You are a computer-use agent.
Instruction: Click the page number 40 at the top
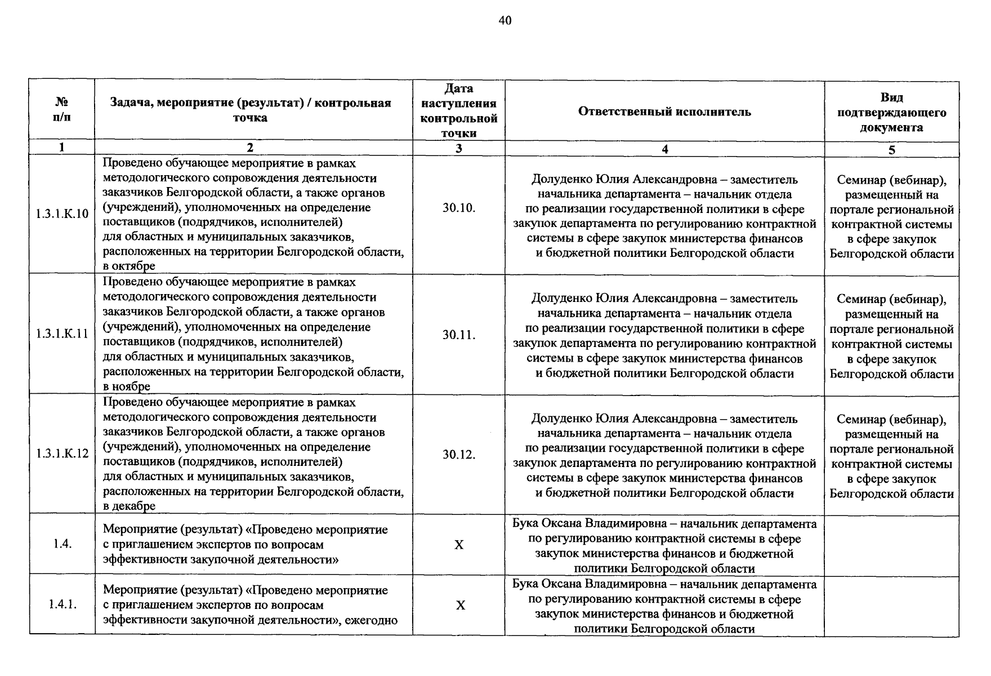tap(505, 21)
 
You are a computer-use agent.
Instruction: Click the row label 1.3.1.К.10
tap(62, 214)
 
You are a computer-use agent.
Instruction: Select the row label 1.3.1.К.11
tap(62, 333)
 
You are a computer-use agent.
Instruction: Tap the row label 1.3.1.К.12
tap(62, 453)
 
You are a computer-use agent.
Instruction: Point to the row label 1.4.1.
tap(62, 604)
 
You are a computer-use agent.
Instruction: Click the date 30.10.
tap(459, 208)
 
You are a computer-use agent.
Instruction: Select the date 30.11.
tap(459, 335)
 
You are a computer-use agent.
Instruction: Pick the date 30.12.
tap(459, 455)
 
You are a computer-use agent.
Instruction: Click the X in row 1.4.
tap(459, 545)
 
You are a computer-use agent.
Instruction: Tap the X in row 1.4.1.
tap(461, 605)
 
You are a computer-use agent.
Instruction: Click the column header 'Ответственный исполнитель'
tap(664, 112)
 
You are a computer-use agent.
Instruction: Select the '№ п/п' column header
tap(62, 110)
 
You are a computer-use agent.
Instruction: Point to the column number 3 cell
tap(459, 148)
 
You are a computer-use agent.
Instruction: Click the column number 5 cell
tap(891, 150)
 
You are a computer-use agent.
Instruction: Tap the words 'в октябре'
tap(129, 266)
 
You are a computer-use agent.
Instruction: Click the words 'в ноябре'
tap(127, 386)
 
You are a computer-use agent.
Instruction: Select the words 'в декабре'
tap(129, 506)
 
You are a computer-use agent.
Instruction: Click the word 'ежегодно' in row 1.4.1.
tap(371, 620)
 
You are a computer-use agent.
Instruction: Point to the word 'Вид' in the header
tap(891, 97)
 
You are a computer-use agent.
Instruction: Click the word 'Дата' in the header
tap(459, 88)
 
